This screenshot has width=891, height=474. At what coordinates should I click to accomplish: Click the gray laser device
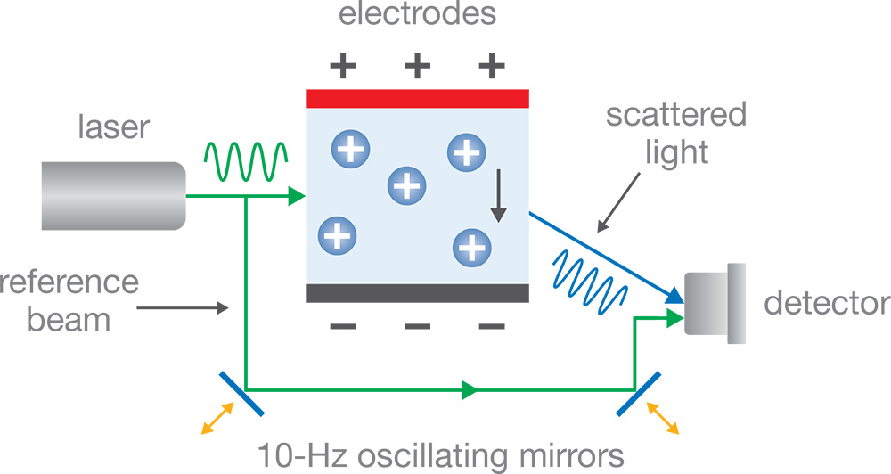coord(111,194)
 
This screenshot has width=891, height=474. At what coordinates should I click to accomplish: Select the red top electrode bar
coord(418,97)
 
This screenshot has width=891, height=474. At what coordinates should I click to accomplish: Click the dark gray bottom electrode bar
coord(418,293)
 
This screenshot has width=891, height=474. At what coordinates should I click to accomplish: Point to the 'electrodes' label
coord(418,15)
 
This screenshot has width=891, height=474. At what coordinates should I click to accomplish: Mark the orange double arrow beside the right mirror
coord(660,418)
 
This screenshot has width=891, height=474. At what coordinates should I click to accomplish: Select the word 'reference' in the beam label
coord(69,282)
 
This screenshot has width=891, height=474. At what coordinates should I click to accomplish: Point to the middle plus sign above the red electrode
coord(417,64)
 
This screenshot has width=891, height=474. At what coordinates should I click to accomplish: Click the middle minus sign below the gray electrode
coord(417,327)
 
